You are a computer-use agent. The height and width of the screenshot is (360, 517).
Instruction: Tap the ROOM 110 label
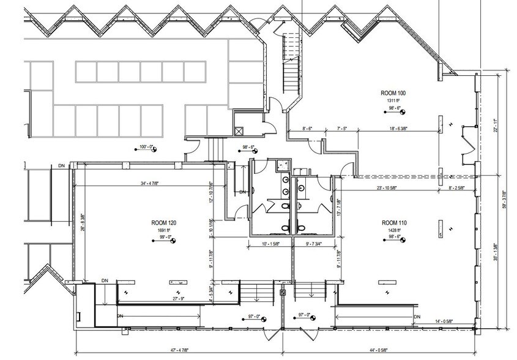395,222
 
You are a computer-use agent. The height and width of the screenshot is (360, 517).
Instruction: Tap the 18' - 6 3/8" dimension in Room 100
401,129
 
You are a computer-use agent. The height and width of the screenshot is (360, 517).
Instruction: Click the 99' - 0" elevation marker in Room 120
164,238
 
